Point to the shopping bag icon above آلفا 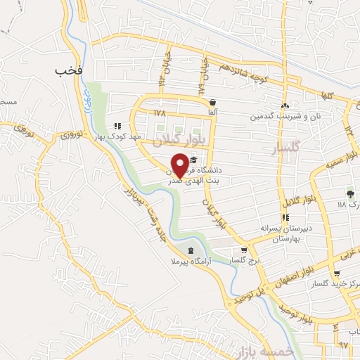click(212, 102)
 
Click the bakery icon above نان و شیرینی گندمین click(286, 105)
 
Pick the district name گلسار click(290, 150)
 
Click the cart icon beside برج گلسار click(244, 250)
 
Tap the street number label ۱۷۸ click(160, 112)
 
